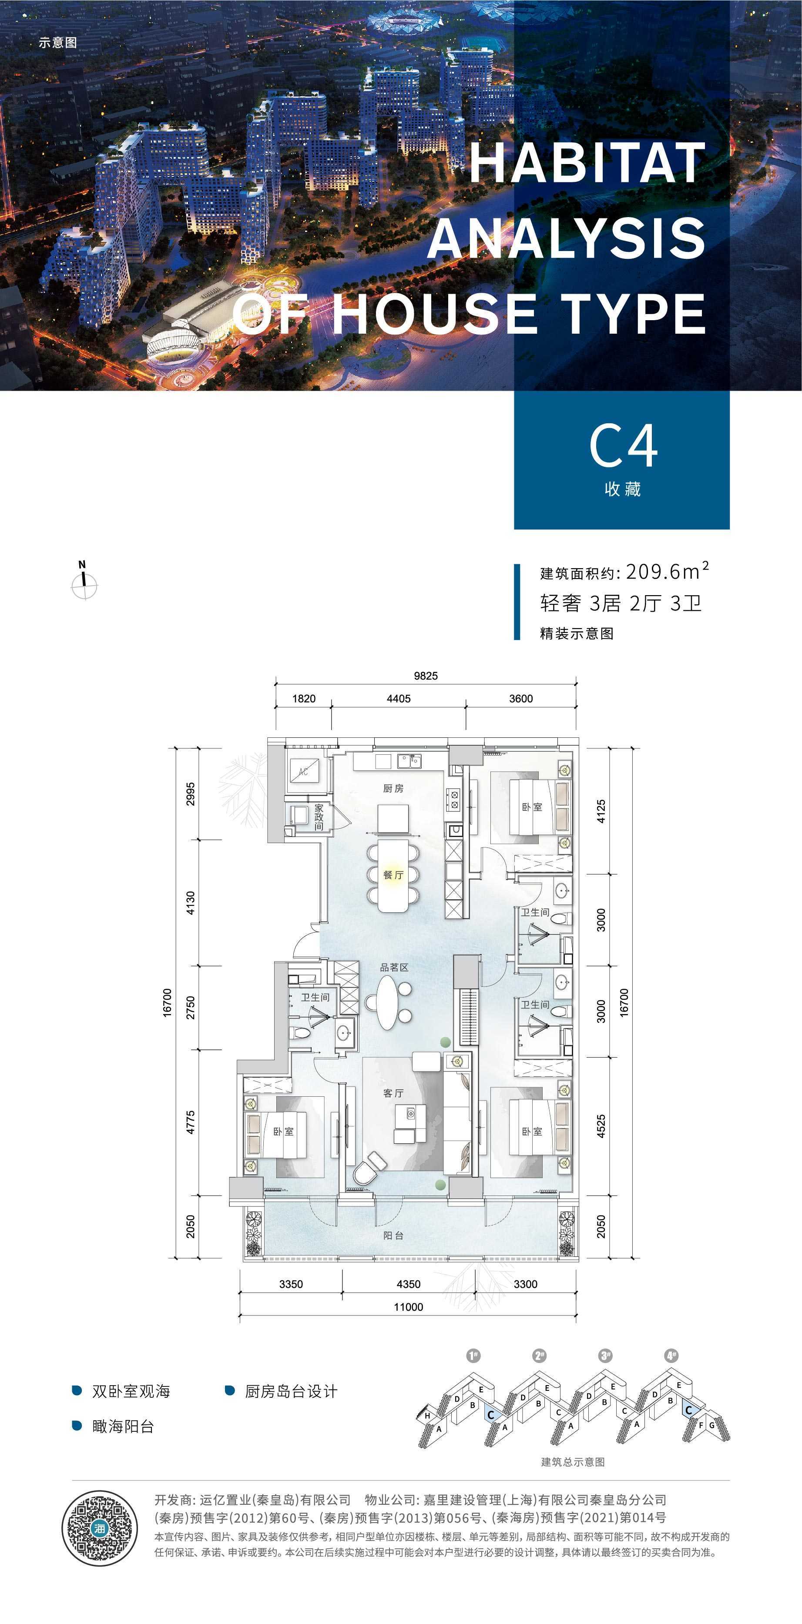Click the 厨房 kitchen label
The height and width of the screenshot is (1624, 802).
click(393, 788)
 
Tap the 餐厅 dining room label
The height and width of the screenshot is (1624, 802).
click(393, 874)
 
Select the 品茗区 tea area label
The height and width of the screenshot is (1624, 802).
click(394, 967)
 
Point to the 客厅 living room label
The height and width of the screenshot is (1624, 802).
click(393, 1092)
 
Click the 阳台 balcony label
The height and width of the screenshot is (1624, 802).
click(393, 1235)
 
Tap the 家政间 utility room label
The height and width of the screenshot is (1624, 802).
click(319, 817)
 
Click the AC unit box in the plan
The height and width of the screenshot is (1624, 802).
click(304, 771)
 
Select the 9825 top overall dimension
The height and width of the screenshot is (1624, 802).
click(426, 676)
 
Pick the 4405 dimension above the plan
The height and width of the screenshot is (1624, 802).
click(399, 699)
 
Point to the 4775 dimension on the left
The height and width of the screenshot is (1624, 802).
click(191, 1122)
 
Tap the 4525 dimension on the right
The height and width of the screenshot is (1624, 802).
click(601, 1126)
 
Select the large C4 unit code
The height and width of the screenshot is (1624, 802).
click(624, 446)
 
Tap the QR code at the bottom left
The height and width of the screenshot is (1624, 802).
click(100, 1528)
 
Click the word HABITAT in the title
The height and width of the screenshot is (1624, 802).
click(587, 163)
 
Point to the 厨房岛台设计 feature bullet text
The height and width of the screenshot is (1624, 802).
click(291, 1391)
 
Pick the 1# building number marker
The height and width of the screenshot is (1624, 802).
click(473, 1355)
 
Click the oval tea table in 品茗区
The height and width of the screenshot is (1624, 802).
click(388, 1002)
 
